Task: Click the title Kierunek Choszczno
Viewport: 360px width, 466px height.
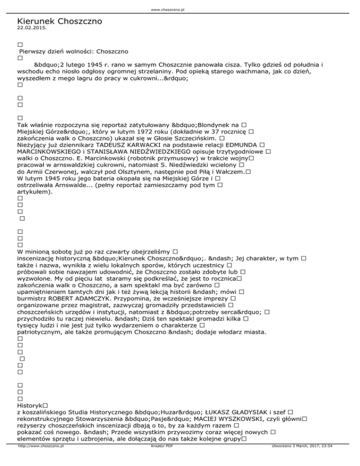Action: [x=59, y=21]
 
